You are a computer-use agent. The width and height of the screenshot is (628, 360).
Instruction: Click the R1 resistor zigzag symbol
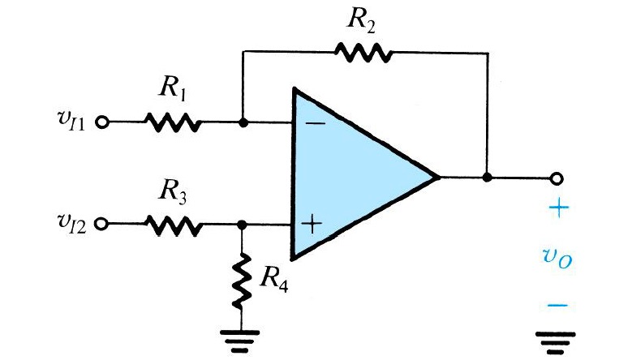pos(171,123)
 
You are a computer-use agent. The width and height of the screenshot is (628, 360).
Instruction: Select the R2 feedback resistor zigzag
pos(364,54)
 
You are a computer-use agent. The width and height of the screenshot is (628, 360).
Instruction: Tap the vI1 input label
pos(72,124)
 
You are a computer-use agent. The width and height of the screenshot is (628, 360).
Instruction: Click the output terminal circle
pos(556,177)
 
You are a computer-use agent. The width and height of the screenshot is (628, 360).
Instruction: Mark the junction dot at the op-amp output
pos(486,177)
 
